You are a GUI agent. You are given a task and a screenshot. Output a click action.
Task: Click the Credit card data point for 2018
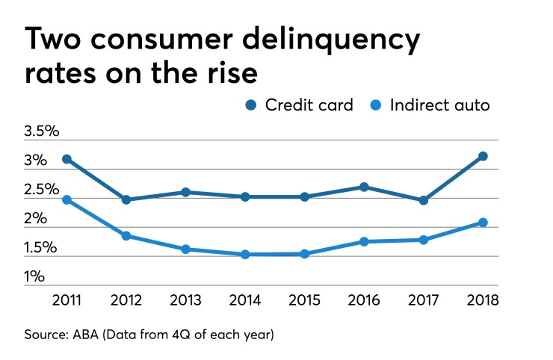tap(483, 156)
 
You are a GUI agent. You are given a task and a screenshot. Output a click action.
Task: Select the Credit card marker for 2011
tap(67, 159)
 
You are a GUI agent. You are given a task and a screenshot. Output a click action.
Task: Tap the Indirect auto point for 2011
tap(67, 200)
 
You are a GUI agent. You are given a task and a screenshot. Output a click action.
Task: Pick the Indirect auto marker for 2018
tap(483, 223)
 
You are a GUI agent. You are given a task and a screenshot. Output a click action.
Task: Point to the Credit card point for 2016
tap(364, 187)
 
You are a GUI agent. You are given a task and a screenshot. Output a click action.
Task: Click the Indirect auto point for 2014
tap(245, 255)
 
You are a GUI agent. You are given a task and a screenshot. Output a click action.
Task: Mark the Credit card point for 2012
tap(126, 199)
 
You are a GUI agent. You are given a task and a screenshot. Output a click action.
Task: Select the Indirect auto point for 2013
tap(185, 249)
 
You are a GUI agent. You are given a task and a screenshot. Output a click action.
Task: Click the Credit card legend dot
tap(251, 105)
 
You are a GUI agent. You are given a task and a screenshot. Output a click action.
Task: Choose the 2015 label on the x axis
tap(305, 301)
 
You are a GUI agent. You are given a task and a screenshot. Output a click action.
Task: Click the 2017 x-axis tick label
tap(424, 301)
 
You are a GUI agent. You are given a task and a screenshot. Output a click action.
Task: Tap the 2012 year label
tap(126, 301)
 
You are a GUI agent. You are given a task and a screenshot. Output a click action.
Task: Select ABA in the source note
tap(87, 335)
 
